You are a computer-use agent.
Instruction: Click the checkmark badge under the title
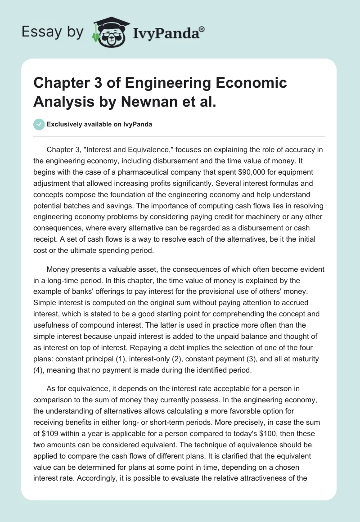(x=40, y=124)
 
